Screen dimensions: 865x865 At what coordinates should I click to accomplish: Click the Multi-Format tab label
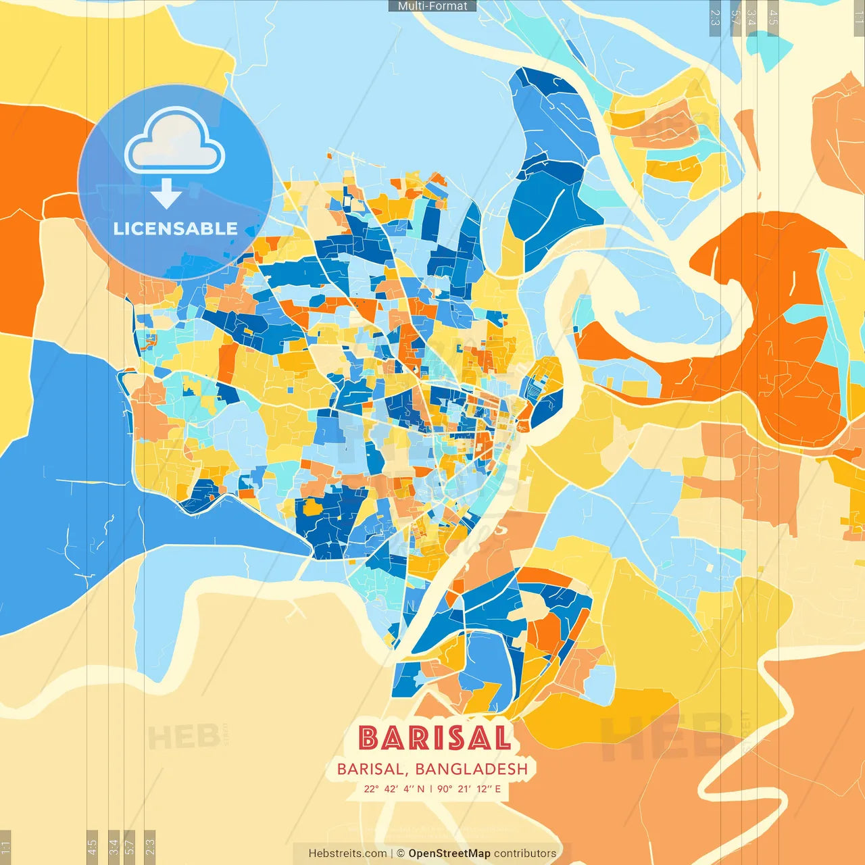point(432,6)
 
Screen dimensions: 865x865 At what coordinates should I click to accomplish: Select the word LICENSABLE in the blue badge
point(175,229)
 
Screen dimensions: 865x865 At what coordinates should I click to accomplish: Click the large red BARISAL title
point(433,738)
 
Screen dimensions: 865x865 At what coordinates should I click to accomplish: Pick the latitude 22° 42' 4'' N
point(394,789)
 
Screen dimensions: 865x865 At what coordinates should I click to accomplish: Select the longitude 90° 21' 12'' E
point(469,789)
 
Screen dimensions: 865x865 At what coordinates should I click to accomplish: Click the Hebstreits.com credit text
point(347,854)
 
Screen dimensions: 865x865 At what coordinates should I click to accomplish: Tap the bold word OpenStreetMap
point(449,854)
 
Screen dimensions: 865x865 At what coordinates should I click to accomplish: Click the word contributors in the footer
point(525,854)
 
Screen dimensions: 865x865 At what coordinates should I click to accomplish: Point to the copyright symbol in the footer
point(401,854)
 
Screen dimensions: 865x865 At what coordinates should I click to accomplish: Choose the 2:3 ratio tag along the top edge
point(715,17)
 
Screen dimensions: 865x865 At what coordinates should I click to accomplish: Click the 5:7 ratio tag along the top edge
point(735,17)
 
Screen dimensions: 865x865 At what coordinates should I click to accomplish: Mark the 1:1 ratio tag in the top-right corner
point(859,17)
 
